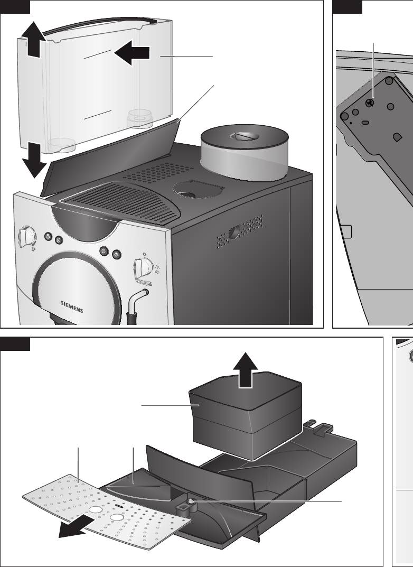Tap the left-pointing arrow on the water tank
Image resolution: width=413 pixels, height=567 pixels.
point(132,53)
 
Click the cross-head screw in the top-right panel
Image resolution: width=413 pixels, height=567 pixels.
point(370,102)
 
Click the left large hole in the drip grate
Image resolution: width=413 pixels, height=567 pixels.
point(95,509)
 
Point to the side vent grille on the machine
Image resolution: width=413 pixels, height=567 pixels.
point(239,231)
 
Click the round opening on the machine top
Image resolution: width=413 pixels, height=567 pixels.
point(194,190)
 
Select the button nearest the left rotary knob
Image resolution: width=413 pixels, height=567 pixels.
point(48,237)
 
